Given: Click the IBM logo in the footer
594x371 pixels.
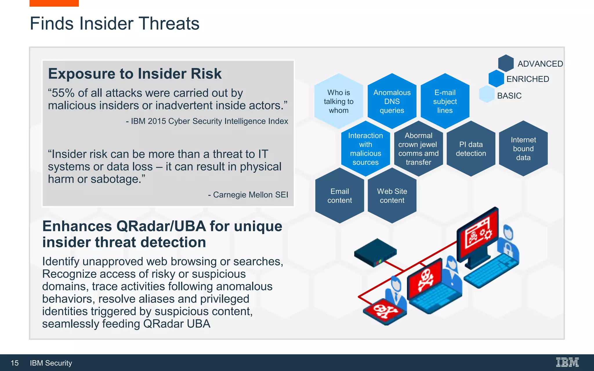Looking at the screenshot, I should pyautogui.click(x=567, y=362).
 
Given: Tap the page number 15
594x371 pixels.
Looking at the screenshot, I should pyautogui.click(x=15, y=363).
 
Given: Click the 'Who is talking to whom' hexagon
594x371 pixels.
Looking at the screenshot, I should pyautogui.click(x=338, y=101).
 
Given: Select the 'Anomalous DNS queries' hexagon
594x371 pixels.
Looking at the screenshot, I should pyautogui.click(x=392, y=101).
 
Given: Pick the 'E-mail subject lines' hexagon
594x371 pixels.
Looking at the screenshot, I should pyautogui.click(x=445, y=101).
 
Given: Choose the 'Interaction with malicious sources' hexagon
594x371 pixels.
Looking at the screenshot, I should pyautogui.click(x=365, y=149).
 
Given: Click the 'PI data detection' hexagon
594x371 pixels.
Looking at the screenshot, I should pyautogui.click(x=471, y=149).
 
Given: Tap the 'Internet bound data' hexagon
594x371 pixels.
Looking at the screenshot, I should pyautogui.click(x=523, y=149).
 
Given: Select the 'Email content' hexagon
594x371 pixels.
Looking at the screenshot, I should pyautogui.click(x=339, y=196).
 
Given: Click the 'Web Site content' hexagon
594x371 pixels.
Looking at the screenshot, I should pyautogui.click(x=392, y=196).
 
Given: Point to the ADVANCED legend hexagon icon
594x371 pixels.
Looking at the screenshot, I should pyautogui.click(x=506, y=63).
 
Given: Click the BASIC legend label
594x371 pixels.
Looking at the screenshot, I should pyautogui.click(x=509, y=96).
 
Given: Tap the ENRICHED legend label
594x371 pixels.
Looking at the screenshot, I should pyautogui.click(x=528, y=79).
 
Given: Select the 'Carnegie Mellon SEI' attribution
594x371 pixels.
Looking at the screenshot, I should pyautogui.click(x=250, y=195).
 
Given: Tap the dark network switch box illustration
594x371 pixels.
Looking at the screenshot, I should pyautogui.click(x=375, y=252).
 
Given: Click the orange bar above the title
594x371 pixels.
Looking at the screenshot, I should pyautogui.click(x=54, y=3).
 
